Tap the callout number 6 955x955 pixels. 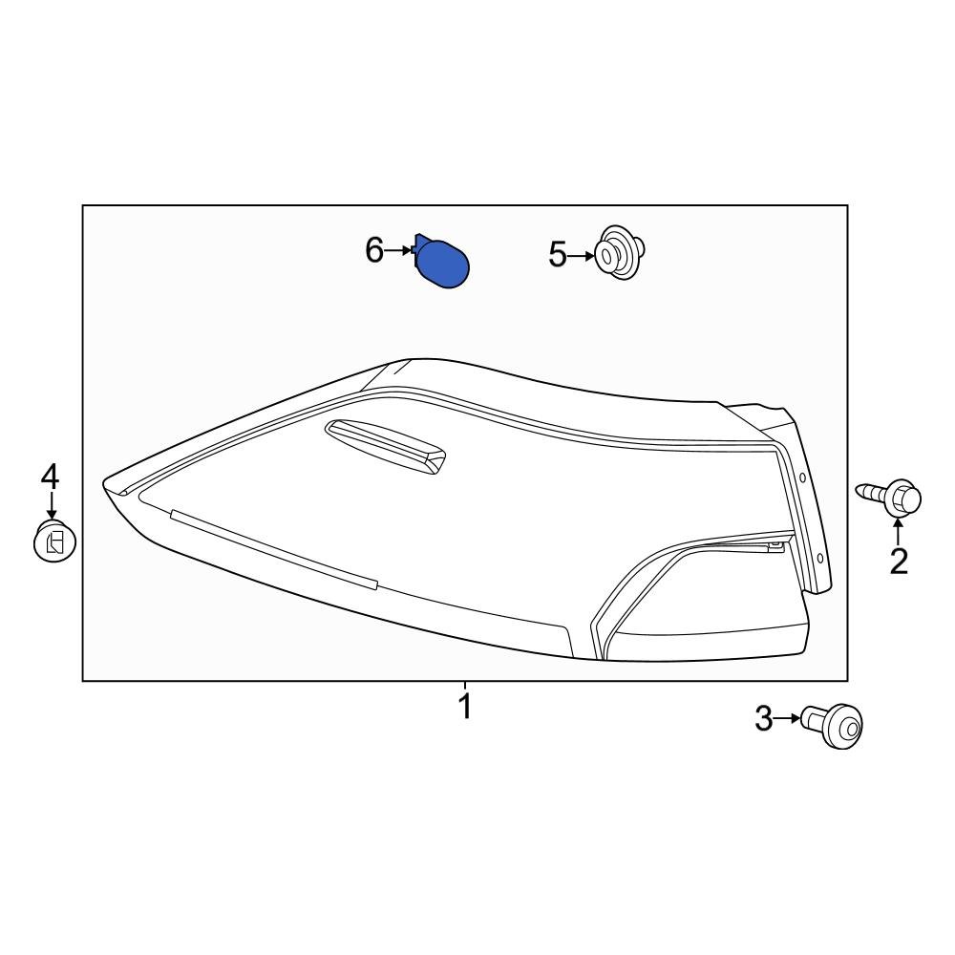coord(374,250)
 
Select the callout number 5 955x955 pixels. coord(557,255)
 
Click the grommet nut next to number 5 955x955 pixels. coord(619,253)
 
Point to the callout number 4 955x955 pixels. coord(50,477)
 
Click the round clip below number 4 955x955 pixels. coord(54,541)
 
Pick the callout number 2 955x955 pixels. coord(899,562)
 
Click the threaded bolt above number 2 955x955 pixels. coord(890,497)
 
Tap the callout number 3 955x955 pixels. coord(763,719)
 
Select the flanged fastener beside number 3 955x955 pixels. coord(833,726)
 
